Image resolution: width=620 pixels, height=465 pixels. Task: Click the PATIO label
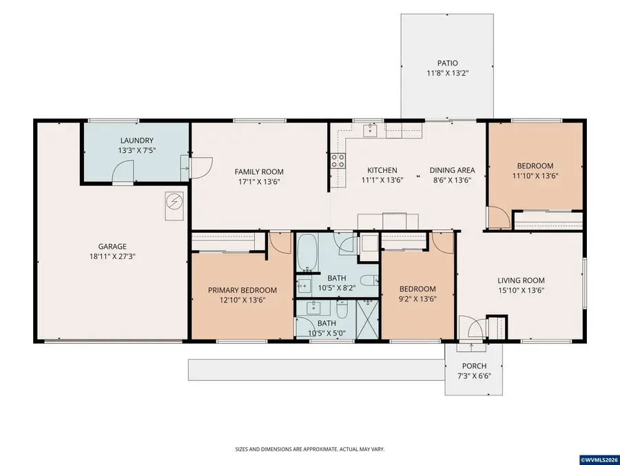tap(448, 63)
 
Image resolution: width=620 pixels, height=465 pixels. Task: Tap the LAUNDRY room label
tap(137, 141)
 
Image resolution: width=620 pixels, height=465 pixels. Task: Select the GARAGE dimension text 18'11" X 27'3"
tap(113, 256)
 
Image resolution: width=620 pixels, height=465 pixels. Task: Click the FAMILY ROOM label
tap(259, 172)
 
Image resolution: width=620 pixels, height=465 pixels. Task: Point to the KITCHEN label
tap(382, 170)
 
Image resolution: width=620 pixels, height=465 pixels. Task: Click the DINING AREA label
tap(453, 170)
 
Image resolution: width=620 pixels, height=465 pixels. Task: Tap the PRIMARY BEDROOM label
tap(242, 290)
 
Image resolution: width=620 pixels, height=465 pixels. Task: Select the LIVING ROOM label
tap(521, 280)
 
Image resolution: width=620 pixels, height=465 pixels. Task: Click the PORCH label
tap(475, 366)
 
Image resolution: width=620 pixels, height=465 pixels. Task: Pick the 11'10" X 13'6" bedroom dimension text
tap(535, 176)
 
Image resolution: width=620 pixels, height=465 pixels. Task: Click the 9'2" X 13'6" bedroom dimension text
tap(417, 299)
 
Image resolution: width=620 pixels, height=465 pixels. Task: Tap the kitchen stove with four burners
tap(338, 161)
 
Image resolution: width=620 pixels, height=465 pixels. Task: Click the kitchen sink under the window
tap(370, 130)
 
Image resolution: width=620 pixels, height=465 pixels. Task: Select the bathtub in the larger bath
tap(307, 252)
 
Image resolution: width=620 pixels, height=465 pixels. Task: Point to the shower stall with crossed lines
tap(367, 319)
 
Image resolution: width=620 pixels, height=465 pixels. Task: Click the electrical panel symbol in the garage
tap(174, 202)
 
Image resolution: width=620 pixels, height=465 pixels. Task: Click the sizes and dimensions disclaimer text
tap(310, 449)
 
